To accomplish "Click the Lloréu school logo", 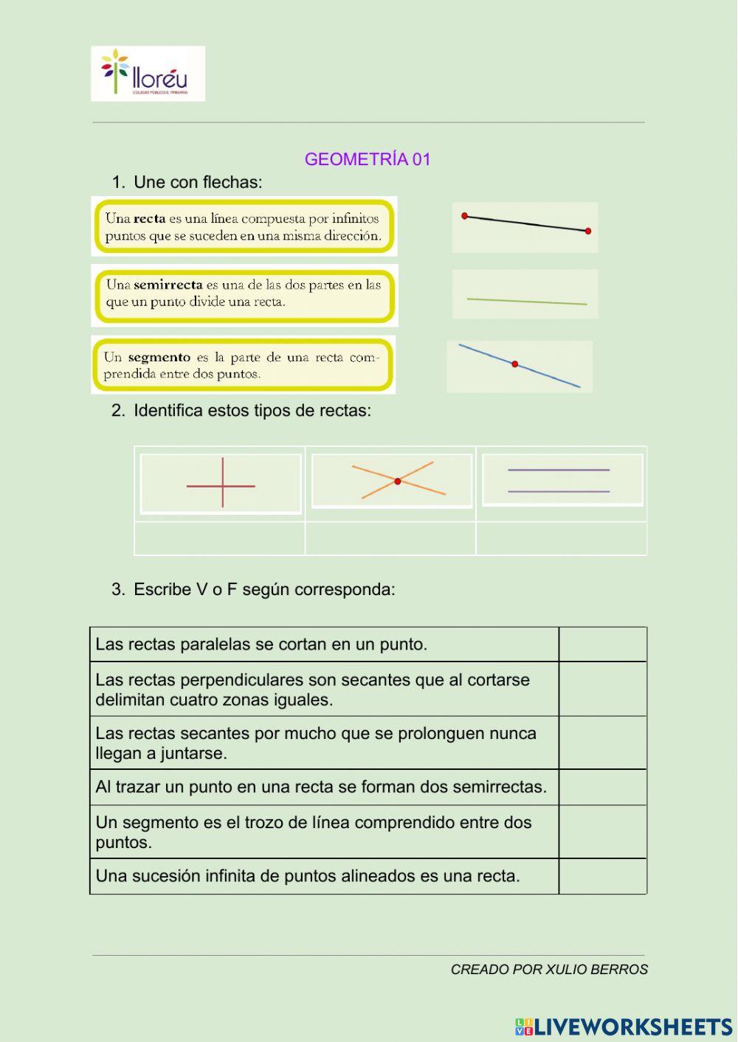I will (x=148, y=74).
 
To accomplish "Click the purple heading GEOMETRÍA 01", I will (x=367, y=159).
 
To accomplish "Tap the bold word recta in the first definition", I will (x=149, y=218).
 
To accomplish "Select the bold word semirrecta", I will (x=168, y=285).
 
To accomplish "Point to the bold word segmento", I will (x=159, y=358).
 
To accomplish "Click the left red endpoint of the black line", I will (x=464, y=216).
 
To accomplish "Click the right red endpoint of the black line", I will (x=588, y=231).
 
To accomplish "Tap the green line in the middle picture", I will (x=527, y=301).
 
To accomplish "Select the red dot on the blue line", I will (x=514, y=364).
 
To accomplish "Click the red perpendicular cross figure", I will (x=222, y=484).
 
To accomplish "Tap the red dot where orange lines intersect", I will (x=397, y=482).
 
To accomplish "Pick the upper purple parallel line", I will (x=559, y=470).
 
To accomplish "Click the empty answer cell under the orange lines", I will (x=390, y=538).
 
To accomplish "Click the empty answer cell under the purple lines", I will (x=561, y=538).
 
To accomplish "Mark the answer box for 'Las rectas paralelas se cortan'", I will (x=602, y=645).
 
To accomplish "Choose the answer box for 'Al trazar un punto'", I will (x=602, y=787).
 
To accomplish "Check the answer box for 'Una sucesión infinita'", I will (x=602, y=876).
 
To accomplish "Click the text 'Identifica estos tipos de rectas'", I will (x=252, y=411).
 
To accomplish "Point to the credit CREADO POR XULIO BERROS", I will (x=549, y=970).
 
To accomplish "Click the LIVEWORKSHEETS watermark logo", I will (x=624, y=1027).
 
